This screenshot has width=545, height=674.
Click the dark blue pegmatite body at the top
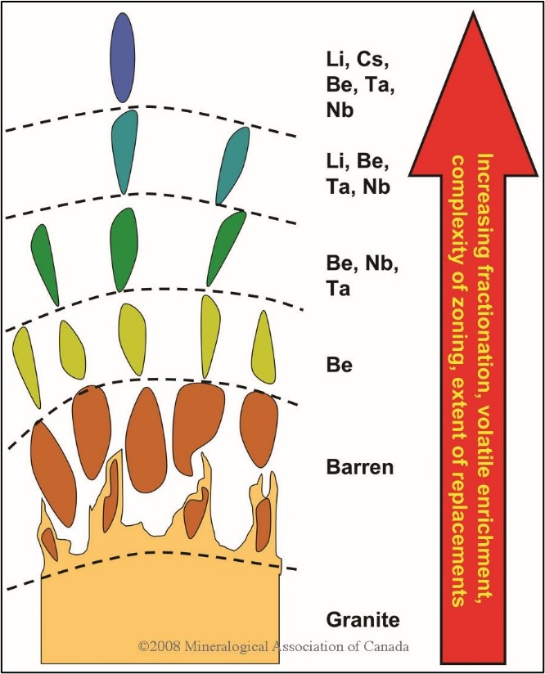click(x=123, y=57)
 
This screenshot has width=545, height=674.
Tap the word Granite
click(x=363, y=620)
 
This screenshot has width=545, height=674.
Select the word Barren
click(x=360, y=467)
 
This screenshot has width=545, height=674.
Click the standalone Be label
click(x=340, y=366)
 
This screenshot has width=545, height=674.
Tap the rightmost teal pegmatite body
click(x=232, y=166)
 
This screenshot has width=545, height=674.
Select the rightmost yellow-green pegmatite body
click(x=263, y=347)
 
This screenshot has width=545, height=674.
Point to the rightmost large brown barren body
click(x=258, y=429)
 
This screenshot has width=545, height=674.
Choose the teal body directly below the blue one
click(x=124, y=152)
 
